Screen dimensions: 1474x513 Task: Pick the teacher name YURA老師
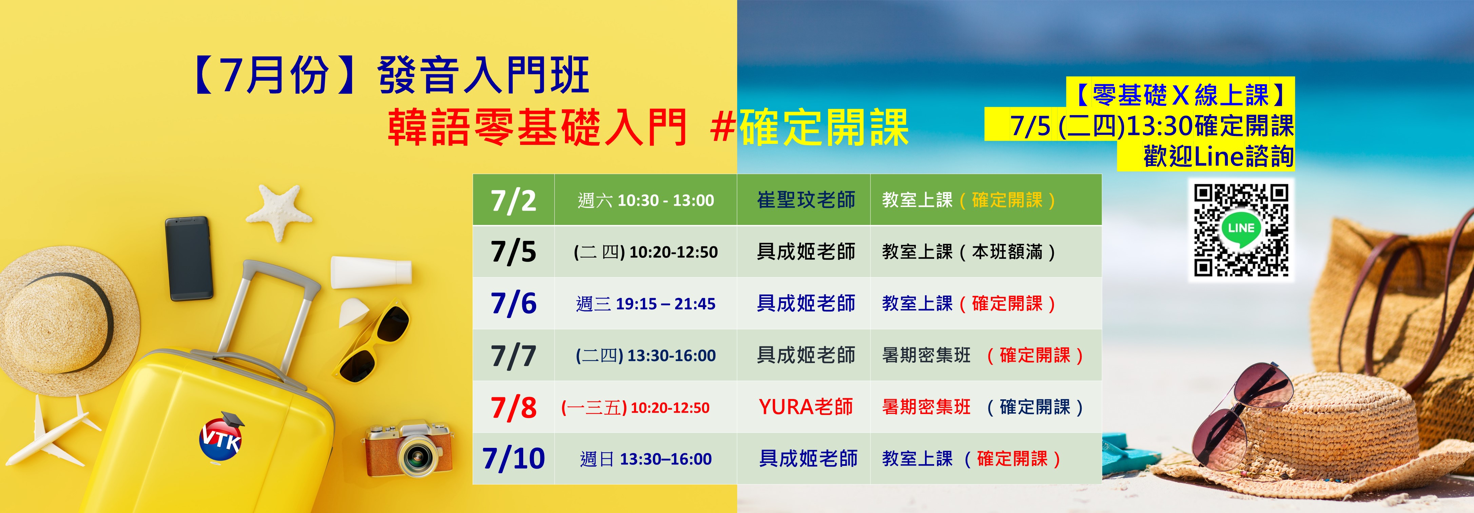(x=806, y=407)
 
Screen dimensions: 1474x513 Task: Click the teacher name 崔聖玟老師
(x=806, y=200)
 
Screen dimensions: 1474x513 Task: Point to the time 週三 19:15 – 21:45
(x=646, y=303)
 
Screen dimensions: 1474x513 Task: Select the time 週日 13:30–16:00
(x=646, y=459)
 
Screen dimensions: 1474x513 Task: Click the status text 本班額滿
(x=1007, y=252)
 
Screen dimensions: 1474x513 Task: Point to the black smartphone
(x=189, y=258)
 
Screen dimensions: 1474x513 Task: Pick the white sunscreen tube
(x=371, y=272)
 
